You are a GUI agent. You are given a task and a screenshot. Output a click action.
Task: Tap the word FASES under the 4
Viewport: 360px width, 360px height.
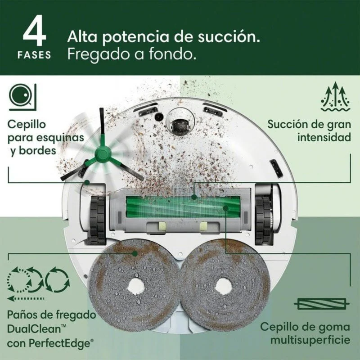(35, 55)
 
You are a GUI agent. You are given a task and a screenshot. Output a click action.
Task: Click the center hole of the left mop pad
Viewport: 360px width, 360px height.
(135, 285)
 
